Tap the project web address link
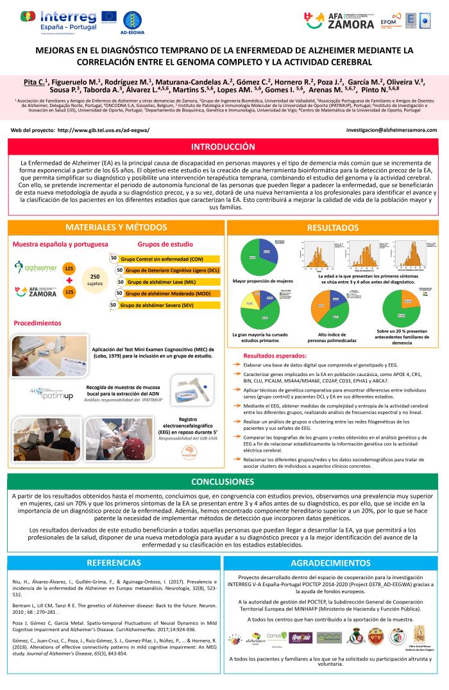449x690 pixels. click(x=103, y=129)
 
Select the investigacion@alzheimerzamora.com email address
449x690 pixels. click(x=391, y=129)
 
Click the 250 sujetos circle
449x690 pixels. click(x=94, y=279)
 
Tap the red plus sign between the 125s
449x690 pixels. click(x=69, y=280)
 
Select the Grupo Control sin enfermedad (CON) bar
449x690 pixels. click(x=160, y=258)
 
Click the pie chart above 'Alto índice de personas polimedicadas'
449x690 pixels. click(x=328, y=308)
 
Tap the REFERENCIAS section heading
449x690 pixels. click(x=113, y=563)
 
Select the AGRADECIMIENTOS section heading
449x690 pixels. click(x=330, y=563)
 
